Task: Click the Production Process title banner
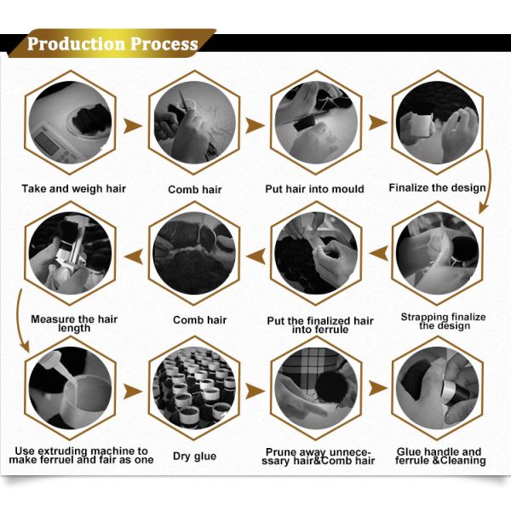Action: coord(112,43)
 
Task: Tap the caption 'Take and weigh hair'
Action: coord(73,189)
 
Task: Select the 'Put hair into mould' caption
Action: coord(314,189)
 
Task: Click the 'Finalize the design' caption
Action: coord(437,187)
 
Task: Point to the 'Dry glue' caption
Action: coord(194,456)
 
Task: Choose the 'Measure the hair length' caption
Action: coord(74,324)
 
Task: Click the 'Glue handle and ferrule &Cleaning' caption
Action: coord(440,456)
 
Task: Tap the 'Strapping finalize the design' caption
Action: coord(443,321)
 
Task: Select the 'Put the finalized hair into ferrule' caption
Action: coord(320,325)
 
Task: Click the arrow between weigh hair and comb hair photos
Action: coord(132,126)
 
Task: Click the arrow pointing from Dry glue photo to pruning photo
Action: coord(255,391)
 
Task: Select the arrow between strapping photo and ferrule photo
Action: coord(379,254)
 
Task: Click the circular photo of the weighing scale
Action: coord(70,123)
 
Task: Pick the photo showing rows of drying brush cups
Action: coord(194,388)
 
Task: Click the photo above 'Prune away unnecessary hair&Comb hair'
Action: coord(316,388)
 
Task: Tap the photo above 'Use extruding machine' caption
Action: coord(70,388)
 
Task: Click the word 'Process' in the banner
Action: coord(164,44)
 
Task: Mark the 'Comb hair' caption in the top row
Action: coord(194,189)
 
